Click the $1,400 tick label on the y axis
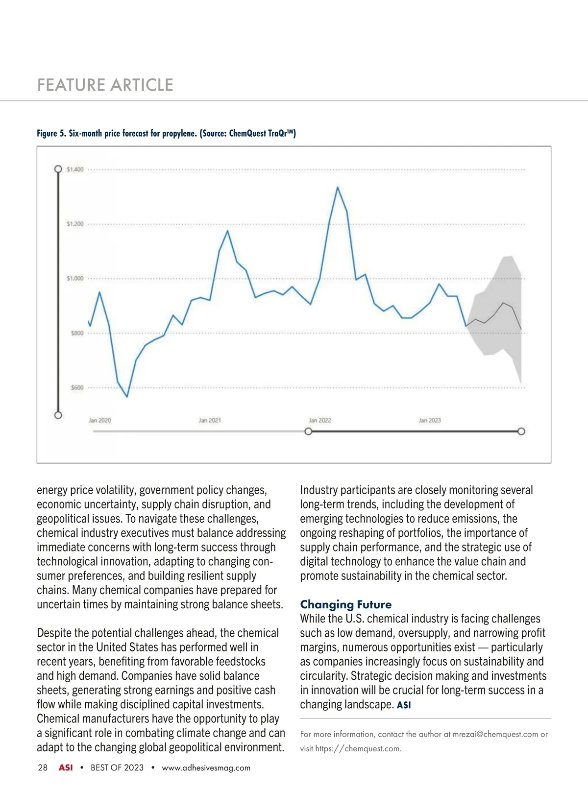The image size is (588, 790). [75, 169]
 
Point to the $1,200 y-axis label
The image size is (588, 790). [75, 224]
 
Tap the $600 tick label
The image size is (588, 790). [77, 387]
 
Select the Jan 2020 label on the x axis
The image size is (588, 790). [99, 420]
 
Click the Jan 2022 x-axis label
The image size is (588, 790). [319, 420]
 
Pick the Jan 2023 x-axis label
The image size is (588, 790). [429, 420]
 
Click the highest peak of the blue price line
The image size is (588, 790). [337, 187]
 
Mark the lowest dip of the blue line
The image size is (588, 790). [127, 396]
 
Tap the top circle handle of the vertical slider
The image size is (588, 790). [58, 169]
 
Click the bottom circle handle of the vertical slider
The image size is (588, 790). [58, 415]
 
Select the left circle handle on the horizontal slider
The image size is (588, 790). [308, 431]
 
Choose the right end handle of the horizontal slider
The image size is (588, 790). [521, 431]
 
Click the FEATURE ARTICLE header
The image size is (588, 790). [105, 85]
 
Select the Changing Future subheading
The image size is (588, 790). [345, 604]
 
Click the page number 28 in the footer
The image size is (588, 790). [43, 767]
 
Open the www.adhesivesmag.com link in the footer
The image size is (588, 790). [206, 767]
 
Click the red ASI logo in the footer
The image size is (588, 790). [66, 767]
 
